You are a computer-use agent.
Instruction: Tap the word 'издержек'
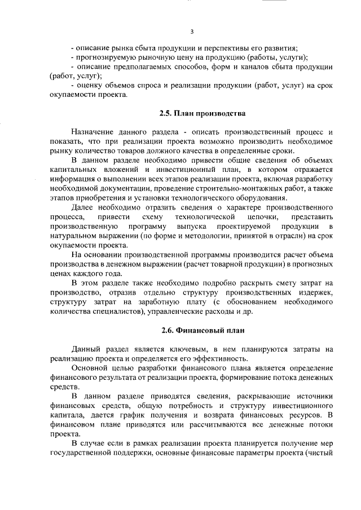tap(318, 291)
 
